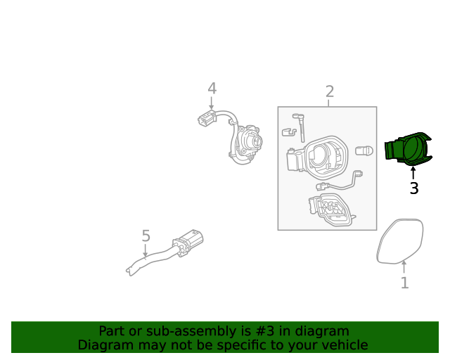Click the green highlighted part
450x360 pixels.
click(407, 150)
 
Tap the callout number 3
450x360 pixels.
click(413, 188)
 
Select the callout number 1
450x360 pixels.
click(404, 283)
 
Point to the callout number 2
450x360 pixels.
click(329, 91)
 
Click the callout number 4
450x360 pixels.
click(212, 89)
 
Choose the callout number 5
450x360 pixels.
click(146, 236)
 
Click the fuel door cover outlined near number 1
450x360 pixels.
click(401, 240)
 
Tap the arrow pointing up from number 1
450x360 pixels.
click(404, 267)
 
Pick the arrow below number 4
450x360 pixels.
click(212, 103)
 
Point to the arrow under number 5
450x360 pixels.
click(146, 251)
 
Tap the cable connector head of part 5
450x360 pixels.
click(188, 240)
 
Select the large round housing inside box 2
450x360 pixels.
click(323, 157)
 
